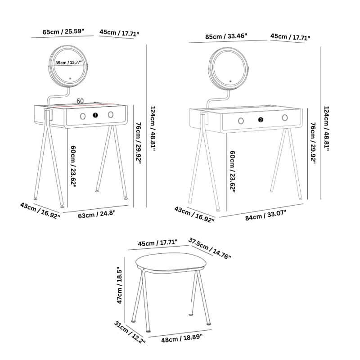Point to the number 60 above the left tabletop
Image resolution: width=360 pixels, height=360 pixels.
[x=81, y=101]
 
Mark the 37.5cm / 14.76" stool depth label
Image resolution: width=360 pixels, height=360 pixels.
[x=210, y=248]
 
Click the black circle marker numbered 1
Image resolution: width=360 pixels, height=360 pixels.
[x=95, y=116]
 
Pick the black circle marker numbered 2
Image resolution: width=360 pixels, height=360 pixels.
[x=261, y=120]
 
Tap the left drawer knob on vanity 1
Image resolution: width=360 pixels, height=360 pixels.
[x=82, y=116]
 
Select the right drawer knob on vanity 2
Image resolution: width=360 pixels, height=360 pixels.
[x=285, y=118]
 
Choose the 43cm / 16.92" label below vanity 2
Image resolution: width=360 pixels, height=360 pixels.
[x=194, y=215]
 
